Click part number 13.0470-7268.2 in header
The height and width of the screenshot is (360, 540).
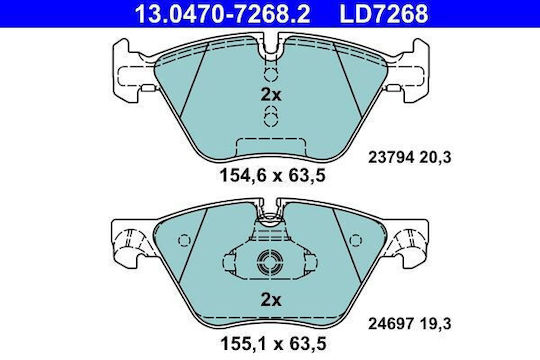(222, 13)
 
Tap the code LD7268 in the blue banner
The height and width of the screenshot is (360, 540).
(384, 13)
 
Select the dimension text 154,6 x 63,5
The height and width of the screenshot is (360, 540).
(272, 176)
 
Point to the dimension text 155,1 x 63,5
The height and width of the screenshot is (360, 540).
(272, 343)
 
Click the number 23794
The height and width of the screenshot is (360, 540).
(391, 158)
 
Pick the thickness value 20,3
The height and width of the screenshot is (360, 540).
(435, 158)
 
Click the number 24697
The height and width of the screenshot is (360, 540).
(391, 324)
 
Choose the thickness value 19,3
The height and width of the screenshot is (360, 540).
(435, 324)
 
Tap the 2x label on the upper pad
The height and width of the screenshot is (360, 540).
(271, 94)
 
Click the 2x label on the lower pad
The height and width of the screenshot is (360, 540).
(271, 300)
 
